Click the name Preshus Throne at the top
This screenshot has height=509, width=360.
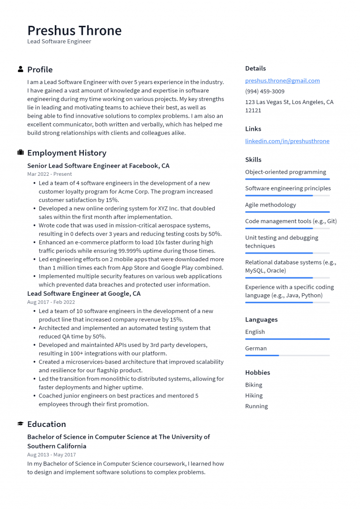pos(74,30)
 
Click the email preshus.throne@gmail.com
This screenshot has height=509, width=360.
pos(282,81)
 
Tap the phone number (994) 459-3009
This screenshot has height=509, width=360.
pos(264,91)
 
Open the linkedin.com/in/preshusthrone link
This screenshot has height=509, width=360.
pos(287,141)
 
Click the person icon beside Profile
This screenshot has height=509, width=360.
pos(21,69)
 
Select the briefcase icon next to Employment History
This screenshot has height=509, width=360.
pos(21,153)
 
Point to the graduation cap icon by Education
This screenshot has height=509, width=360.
pos(21,424)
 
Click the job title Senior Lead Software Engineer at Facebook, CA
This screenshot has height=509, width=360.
pos(98,166)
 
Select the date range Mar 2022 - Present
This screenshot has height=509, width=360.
pos(49,174)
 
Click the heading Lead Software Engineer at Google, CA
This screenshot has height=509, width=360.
pos(83,294)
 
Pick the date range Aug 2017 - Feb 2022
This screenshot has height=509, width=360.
pos(51,302)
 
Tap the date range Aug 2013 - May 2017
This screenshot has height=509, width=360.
pos(51,455)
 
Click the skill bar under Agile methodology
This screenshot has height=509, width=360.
pos(287,212)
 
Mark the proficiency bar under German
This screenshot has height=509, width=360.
pos(287,355)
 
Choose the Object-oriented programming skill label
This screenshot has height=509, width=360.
pos(285,172)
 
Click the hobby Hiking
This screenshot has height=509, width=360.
pos(254,396)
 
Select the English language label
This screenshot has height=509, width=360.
pos(255,332)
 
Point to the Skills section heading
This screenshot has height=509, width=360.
pos(253,160)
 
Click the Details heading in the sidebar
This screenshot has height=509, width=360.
pos(255,68)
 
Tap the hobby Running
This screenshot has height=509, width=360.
pos(256,406)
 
